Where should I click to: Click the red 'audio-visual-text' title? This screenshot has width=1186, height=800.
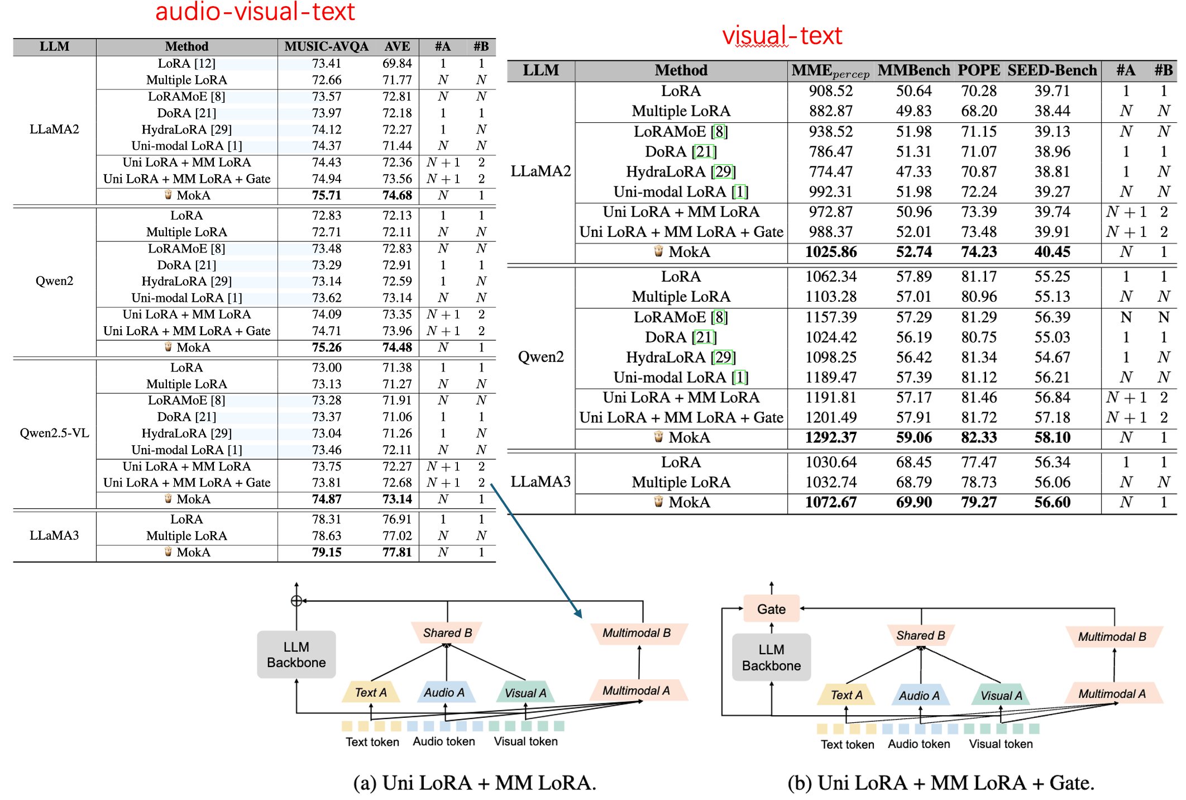point(255,12)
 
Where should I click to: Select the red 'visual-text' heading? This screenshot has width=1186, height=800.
point(782,36)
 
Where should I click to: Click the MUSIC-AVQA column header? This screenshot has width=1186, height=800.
point(326,46)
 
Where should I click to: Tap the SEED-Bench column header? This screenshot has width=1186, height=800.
point(1052,70)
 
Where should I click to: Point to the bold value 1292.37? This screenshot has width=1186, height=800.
point(830,437)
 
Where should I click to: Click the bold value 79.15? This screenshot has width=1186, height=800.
point(327,552)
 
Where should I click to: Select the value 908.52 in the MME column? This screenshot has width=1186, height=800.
point(830,91)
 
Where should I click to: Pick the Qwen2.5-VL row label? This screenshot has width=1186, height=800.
point(54,433)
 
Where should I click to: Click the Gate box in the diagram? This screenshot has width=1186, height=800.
point(771,609)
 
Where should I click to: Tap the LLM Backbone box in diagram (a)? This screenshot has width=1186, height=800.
point(296,655)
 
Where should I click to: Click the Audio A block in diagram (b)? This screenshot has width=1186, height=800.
point(919,696)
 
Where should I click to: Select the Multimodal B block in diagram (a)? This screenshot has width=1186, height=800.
point(637,633)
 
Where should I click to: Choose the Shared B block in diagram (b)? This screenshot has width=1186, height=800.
point(920,635)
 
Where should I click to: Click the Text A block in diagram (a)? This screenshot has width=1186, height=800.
point(371,693)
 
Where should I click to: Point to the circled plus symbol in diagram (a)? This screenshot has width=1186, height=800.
point(297,601)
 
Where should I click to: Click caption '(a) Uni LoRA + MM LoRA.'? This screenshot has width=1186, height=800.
point(475,783)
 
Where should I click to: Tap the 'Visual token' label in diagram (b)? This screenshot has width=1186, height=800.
point(1001,744)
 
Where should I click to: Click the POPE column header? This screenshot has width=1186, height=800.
point(978,70)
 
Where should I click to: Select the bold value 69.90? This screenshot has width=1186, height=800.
point(914,502)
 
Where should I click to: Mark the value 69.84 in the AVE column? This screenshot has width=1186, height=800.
point(397,64)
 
